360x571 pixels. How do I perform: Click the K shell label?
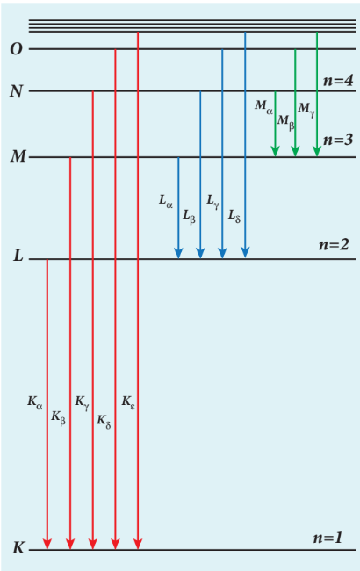[18, 547]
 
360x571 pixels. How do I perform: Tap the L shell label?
[18, 256]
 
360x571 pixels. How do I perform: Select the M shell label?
[18, 156]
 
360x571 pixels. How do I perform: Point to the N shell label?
[17, 91]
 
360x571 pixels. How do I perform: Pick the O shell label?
[16, 49]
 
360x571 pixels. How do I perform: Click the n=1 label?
[328, 538]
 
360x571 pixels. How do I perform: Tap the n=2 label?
[334, 244]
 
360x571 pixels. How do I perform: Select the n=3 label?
[338, 140]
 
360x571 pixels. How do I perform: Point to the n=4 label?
[338, 81]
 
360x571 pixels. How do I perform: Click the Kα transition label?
[35, 402]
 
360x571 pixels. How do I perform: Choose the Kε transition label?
[128, 402]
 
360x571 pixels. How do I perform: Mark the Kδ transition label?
[104, 422]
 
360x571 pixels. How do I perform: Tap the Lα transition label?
[166, 201]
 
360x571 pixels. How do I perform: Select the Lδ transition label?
[234, 216]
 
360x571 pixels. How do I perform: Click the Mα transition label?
[263, 107]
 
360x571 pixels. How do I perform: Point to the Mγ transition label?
[306, 110]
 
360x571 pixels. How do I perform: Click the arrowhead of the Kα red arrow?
[47, 544]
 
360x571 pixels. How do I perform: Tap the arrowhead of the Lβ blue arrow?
[200, 253]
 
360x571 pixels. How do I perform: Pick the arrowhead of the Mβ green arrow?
[295, 151]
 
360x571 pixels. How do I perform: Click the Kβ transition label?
[58, 417]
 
